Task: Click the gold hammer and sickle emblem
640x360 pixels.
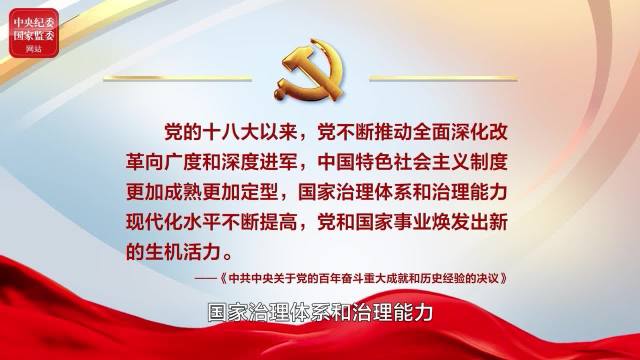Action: click(x=310, y=70)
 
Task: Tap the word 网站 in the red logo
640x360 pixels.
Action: click(x=33, y=49)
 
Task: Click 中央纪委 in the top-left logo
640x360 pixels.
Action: click(x=34, y=22)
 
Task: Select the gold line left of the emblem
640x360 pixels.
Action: click(x=177, y=77)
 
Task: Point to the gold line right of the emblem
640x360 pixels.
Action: click(x=443, y=77)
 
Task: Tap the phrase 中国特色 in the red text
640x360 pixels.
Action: click(x=355, y=162)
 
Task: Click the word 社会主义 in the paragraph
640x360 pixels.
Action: click(x=431, y=162)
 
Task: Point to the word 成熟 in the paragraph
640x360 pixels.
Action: click(x=183, y=192)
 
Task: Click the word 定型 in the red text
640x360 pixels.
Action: click(x=259, y=192)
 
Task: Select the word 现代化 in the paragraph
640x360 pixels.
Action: click(x=154, y=222)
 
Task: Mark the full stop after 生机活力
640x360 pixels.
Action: click(x=227, y=256)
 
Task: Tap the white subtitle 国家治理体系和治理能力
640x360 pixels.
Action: click(x=320, y=312)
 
